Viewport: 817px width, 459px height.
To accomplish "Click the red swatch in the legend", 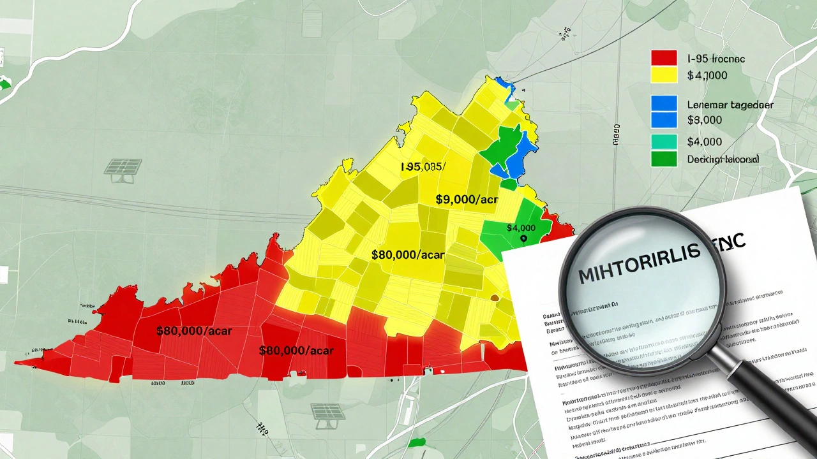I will pyautogui.click(x=664, y=58).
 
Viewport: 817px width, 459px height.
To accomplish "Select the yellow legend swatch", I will pyautogui.click(x=664, y=75).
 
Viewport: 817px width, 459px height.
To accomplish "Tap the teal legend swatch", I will pyautogui.click(x=664, y=142).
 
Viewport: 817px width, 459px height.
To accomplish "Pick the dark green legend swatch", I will pyautogui.click(x=664, y=159).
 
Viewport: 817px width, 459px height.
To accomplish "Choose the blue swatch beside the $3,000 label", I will pyautogui.click(x=664, y=119).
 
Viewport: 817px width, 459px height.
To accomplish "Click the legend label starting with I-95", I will pyautogui.click(x=716, y=59).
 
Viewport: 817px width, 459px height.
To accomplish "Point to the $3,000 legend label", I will pyautogui.click(x=705, y=120).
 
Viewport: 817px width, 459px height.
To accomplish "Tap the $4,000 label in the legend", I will pyautogui.click(x=705, y=142).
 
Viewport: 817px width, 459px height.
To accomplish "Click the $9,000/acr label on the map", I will pyautogui.click(x=467, y=200).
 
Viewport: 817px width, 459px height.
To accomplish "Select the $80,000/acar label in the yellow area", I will pyautogui.click(x=407, y=254).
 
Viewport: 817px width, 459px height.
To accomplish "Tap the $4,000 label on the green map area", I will pyautogui.click(x=521, y=228).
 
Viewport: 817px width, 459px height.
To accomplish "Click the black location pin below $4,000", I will pyautogui.click(x=523, y=239).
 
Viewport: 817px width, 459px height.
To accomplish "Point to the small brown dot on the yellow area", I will pyautogui.click(x=494, y=296).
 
